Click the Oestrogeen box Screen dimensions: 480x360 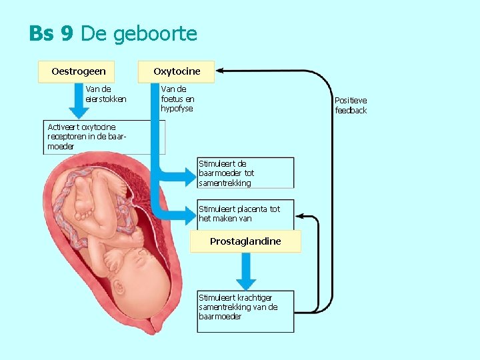[78, 71]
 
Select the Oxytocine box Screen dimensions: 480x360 [177, 71]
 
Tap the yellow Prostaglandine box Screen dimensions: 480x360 [245, 241]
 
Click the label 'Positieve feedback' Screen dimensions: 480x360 [351, 105]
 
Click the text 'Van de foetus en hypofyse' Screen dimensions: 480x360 [177, 98]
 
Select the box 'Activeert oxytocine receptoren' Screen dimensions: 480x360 [103, 137]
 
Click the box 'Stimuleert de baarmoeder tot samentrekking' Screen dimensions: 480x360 [245, 173]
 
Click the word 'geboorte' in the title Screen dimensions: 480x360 [155, 33]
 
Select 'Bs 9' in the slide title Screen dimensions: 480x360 [51, 33]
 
